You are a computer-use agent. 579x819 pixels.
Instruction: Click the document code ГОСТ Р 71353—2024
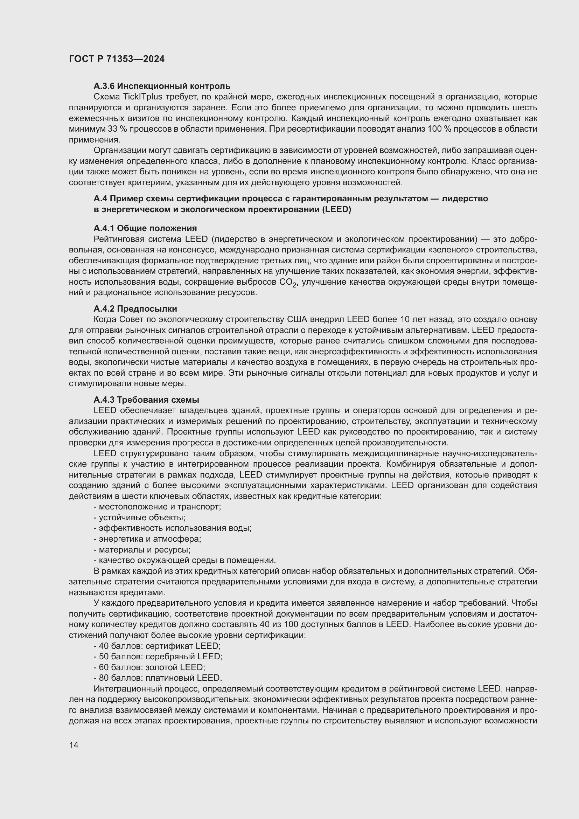pyautogui.click(x=117, y=59)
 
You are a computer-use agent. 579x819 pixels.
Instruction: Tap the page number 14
pyautogui.click(x=74, y=745)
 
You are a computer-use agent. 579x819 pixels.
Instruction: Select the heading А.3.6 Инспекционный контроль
pyautogui.click(x=162, y=86)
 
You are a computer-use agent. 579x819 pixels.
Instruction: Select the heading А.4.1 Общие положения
pyautogui.click(x=145, y=228)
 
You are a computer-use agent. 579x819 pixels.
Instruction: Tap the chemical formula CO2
pyautogui.click(x=288, y=283)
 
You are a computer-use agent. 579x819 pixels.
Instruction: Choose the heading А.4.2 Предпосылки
pyautogui.click(x=135, y=308)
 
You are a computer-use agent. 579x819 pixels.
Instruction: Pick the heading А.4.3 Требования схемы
pyautogui.click(x=146, y=400)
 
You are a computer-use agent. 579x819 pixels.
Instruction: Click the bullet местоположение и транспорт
pyautogui.click(x=157, y=507)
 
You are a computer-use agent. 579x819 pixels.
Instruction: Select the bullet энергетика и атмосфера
pyautogui.click(x=147, y=539)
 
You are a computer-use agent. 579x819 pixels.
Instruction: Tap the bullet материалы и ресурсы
pyautogui.click(x=142, y=550)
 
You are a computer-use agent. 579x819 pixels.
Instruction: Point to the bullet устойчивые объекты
pyautogui.click(x=139, y=518)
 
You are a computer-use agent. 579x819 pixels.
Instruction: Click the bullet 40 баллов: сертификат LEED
pyautogui.click(x=157, y=646)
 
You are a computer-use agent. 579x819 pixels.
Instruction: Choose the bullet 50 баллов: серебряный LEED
pyautogui.click(x=158, y=657)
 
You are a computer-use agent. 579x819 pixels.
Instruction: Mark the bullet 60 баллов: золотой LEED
pyautogui.click(x=149, y=667)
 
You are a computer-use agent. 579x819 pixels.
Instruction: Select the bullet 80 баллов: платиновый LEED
pyautogui.click(x=158, y=678)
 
